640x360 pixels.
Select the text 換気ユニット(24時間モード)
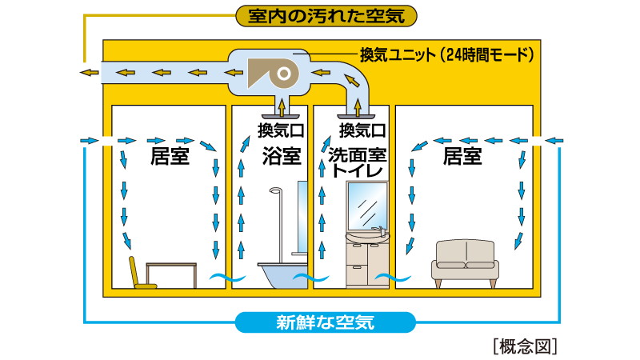point(445,55)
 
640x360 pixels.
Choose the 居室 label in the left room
point(170,155)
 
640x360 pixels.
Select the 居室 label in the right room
point(463,155)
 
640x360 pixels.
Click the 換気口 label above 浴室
point(278,129)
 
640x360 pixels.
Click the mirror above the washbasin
point(368,207)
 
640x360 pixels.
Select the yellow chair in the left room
point(141,273)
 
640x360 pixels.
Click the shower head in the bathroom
point(275,192)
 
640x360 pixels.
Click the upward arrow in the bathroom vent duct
point(281,104)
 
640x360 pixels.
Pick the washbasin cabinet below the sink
point(366,264)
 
